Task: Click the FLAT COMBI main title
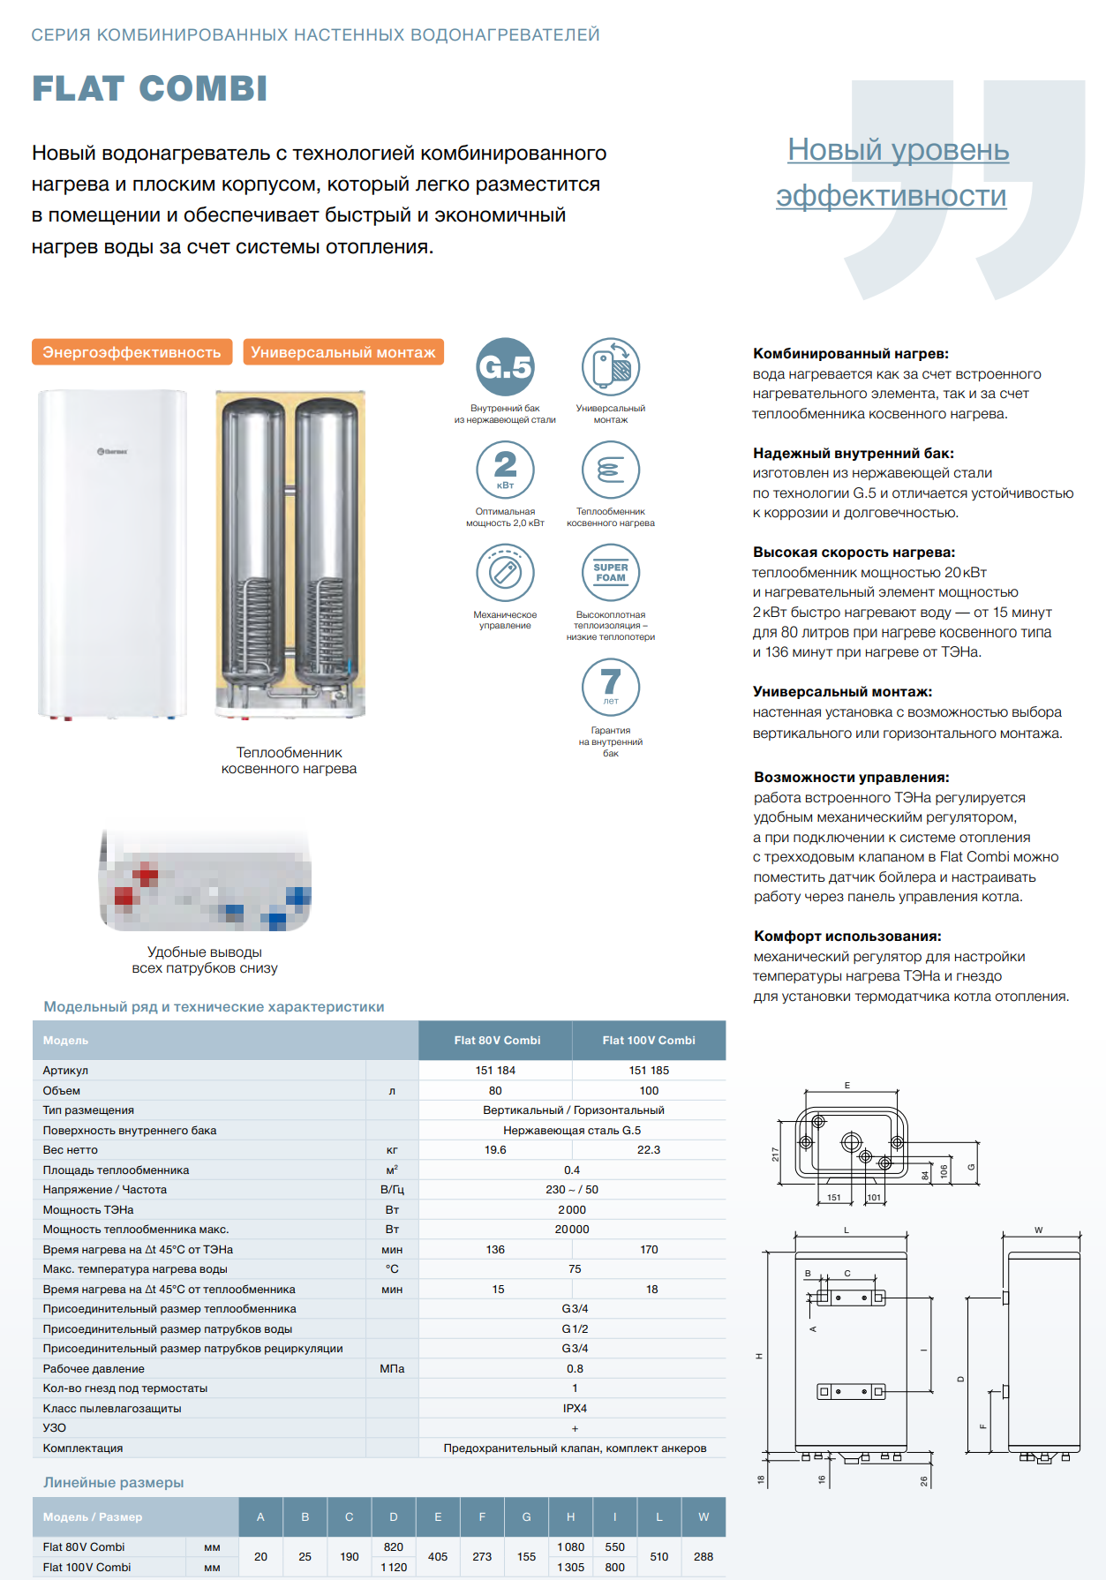(150, 88)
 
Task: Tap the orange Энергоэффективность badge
(132, 352)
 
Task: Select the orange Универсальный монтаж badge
(343, 352)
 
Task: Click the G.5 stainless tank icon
(505, 366)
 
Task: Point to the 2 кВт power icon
(505, 470)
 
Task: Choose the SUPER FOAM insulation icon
(611, 573)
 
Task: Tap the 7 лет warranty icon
(611, 686)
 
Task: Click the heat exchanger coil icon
(611, 470)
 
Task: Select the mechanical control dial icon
(505, 573)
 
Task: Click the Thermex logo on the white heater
(112, 451)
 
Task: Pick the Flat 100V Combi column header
(649, 1041)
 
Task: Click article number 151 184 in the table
(495, 1071)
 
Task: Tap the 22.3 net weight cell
(649, 1150)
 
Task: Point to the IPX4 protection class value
(575, 1409)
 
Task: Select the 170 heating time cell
(649, 1250)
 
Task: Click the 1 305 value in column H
(571, 1568)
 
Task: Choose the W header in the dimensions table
(703, 1517)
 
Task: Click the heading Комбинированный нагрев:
(851, 354)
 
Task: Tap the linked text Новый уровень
(899, 149)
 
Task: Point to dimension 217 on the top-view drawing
(776, 1154)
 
